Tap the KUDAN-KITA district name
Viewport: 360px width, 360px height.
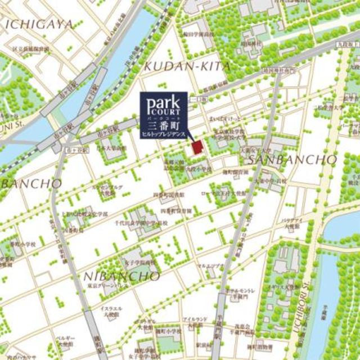point(187,67)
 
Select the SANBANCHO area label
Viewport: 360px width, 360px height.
point(292,160)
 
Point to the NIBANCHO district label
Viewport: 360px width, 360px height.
point(121,276)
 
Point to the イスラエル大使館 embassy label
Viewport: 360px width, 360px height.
point(109,312)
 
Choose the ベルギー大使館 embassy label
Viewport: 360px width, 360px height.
point(66,341)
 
